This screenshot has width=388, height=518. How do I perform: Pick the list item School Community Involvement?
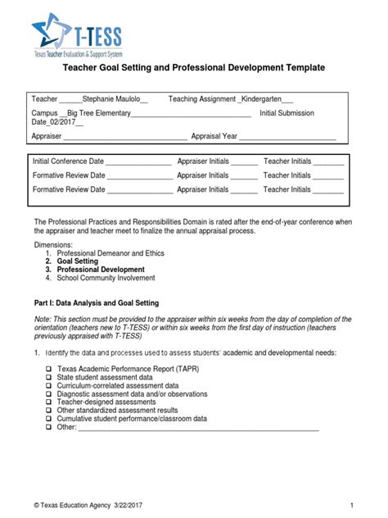[x=112, y=277]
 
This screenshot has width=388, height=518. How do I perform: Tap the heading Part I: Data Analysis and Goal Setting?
[x=96, y=303]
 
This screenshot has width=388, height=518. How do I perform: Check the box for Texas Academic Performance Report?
[x=50, y=369]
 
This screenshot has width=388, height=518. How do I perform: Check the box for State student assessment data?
[x=50, y=378]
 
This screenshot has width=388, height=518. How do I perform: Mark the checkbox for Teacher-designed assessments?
[x=50, y=402]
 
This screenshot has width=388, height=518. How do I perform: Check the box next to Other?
[x=50, y=426]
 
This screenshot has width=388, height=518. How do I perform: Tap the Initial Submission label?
[x=286, y=113]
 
